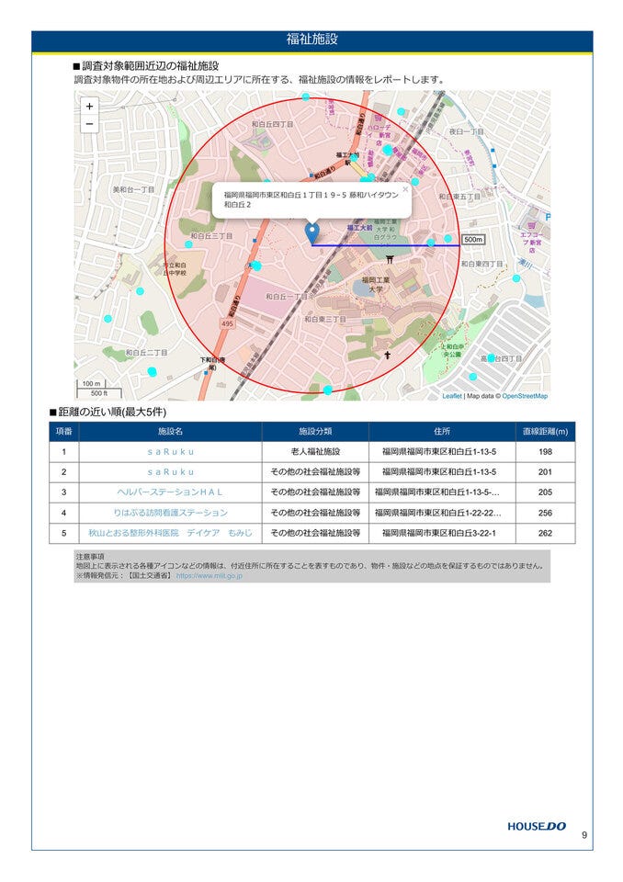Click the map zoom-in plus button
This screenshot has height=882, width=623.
(x=89, y=107)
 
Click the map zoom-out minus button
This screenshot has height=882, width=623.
(x=89, y=124)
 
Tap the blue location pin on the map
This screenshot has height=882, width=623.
(x=311, y=233)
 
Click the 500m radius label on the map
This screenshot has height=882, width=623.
(x=472, y=240)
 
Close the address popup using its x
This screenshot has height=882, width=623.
(x=405, y=189)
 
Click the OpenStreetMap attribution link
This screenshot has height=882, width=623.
(x=525, y=396)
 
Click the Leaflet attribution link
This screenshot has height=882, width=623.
(x=452, y=396)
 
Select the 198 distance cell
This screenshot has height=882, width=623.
(x=545, y=452)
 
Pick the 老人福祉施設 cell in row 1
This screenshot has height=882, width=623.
(x=315, y=452)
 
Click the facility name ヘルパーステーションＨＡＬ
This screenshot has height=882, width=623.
(x=170, y=492)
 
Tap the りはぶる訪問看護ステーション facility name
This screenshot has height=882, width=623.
(x=170, y=513)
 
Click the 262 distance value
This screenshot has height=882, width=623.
(x=545, y=533)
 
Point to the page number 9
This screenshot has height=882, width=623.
(x=583, y=835)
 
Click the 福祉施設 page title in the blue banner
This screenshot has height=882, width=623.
(x=311, y=40)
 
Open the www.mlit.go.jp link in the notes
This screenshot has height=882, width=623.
(x=210, y=576)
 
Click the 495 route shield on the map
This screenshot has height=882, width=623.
(x=227, y=324)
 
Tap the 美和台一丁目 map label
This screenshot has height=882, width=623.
(x=133, y=190)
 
